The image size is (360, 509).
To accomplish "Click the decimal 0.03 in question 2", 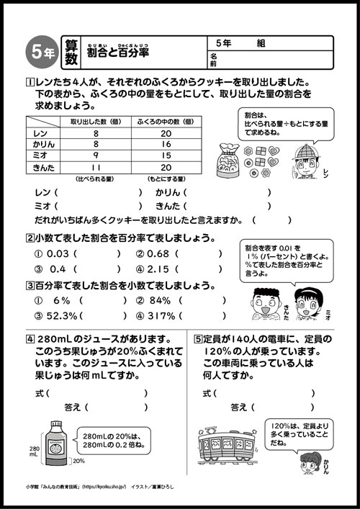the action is click(52, 253).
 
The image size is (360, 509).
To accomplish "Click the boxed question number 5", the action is click(198, 338).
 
